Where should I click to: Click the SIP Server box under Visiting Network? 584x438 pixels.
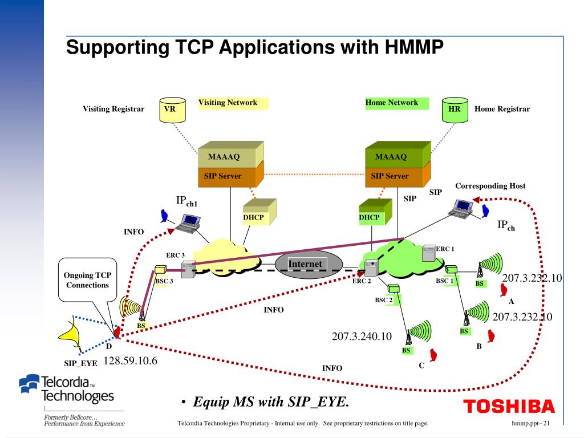click(226, 177)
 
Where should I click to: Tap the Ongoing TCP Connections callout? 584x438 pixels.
click(87, 280)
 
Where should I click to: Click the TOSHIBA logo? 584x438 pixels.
click(509, 407)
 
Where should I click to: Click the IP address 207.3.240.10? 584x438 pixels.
click(362, 336)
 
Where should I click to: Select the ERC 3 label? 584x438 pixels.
click(175, 255)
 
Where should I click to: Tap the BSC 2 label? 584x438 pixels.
click(384, 300)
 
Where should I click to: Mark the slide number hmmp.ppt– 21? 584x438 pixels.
click(530, 423)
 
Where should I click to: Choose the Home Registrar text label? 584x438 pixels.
click(502, 109)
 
